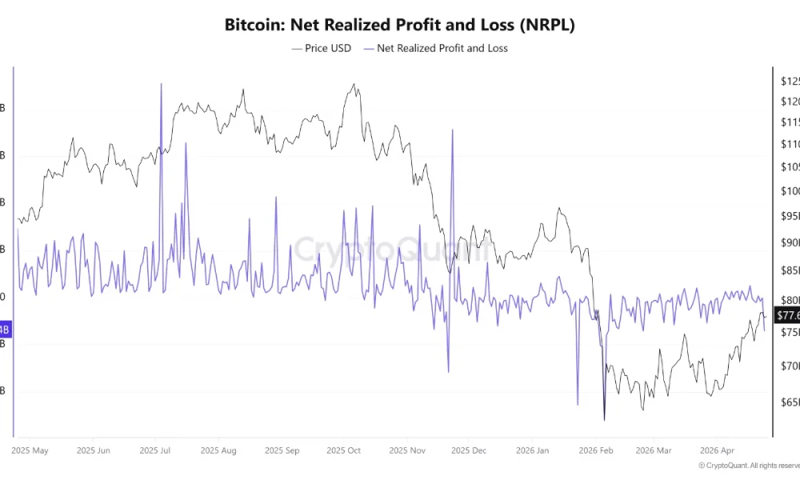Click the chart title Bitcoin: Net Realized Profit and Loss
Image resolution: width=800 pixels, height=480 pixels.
pyautogui.click(x=399, y=25)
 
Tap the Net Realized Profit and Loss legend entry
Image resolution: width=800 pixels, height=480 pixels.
pyautogui.click(x=435, y=48)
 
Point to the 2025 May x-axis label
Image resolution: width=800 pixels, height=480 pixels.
pyautogui.click(x=30, y=450)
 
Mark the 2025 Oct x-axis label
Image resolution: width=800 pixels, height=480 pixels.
pyautogui.click(x=344, y=450)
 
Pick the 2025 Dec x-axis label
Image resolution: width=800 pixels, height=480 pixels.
pyautogui.click(x=470, y=450)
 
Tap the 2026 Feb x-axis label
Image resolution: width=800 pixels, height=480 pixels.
pyautogui.click(x=596, y=450)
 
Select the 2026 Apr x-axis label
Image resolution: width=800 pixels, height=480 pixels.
pyautogui.click(x=717, y=450)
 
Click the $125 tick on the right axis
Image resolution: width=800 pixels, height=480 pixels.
pyautogui.click(x=789, y=81)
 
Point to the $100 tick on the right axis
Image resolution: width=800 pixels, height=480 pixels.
pyautogui.click(x=789, y=190)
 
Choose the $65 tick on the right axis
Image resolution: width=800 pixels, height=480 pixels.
pyautogui.click(x=789, y=402)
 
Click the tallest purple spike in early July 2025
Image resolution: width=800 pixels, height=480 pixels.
pyautogui.click(x=161, y=84)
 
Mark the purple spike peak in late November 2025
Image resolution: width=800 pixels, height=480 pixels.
pyautogui.click(x=453, y=130)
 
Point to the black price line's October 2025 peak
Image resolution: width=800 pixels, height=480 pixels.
pyautogui.click(x=353, y=84)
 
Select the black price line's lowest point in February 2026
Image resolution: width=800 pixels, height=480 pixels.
pyautogui.click(x=604, y=420)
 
